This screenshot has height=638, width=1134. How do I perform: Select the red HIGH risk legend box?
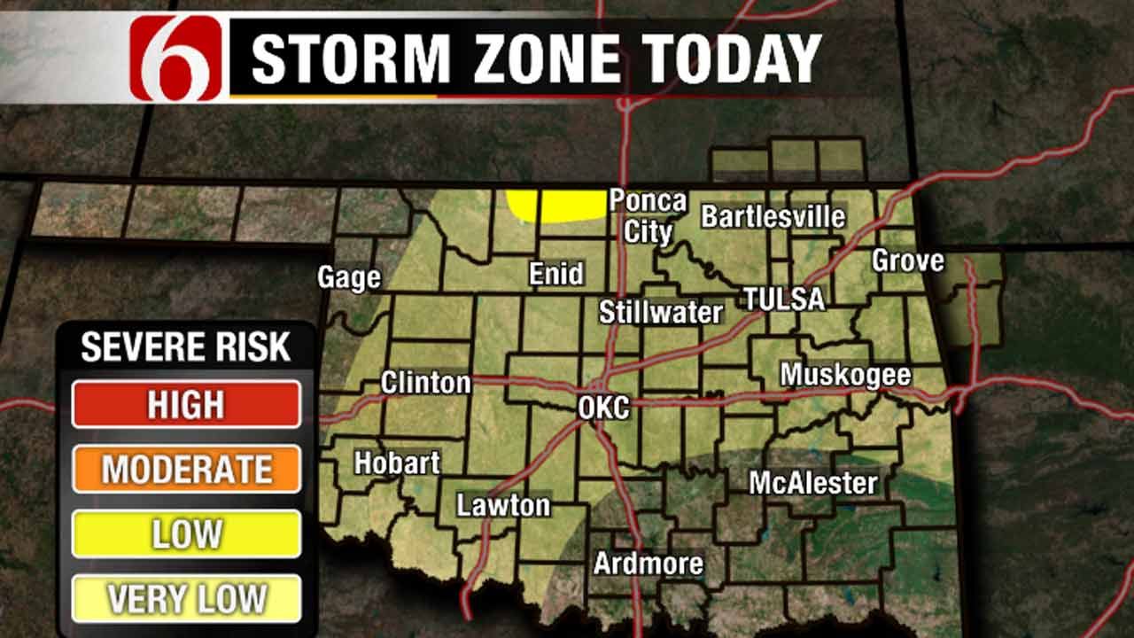click(x=186, y=404)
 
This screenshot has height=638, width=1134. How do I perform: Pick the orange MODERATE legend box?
click(x=186, y=470)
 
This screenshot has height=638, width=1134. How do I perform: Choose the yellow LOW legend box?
click(x=186, y=534)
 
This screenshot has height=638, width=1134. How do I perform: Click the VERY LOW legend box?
click(x=186, y=599)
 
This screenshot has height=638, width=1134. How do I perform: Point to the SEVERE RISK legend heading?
click(x=186, y=347)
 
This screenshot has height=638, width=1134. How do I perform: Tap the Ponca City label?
click(x=648, y=216)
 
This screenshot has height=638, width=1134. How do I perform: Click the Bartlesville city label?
click(x=773, y=216)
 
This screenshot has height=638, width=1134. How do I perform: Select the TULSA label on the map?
click(x=784, y=299)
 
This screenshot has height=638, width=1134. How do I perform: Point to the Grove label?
click(x=907, y=261)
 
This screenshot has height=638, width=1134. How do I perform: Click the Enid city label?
click(x=556, y=273)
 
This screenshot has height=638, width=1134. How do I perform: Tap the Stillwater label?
click(x=661, y=312)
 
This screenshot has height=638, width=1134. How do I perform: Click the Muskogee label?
click(x=845, y=375)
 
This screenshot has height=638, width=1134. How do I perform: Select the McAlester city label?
click(x=813, y=483)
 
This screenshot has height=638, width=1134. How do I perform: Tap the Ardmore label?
click(x=648, y=563)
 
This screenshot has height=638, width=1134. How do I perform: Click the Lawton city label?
click(x=503, y=505)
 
